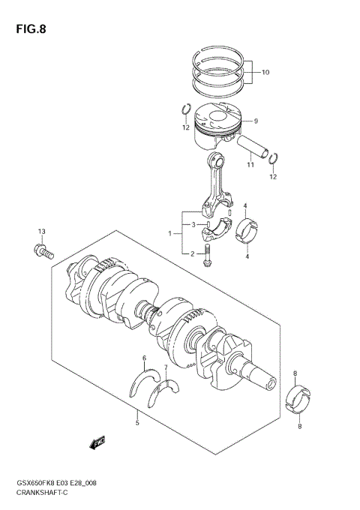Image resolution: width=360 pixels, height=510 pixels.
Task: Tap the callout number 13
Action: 42,230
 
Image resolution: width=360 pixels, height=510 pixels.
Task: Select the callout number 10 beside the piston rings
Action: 265,73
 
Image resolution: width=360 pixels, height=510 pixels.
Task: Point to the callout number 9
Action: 255,121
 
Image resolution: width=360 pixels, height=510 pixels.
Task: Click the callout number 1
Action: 170,233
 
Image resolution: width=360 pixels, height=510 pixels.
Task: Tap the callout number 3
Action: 192,224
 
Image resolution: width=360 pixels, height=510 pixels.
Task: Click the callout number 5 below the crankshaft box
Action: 137,423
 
